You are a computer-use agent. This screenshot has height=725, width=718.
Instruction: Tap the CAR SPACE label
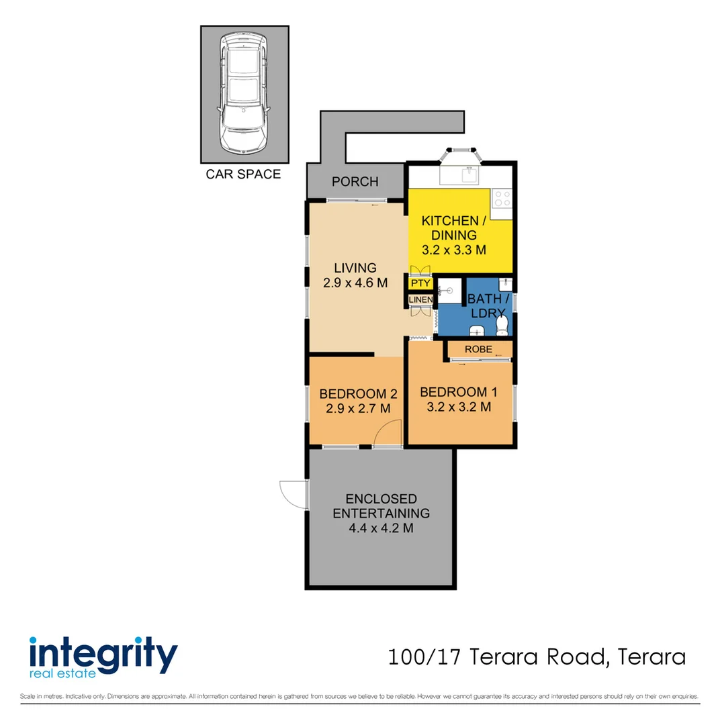[243, 175]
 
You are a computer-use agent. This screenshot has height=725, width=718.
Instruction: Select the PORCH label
[355, 181]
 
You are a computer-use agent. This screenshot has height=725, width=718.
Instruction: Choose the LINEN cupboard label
[420, 299]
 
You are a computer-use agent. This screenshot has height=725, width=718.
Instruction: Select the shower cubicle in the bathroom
[447, 291]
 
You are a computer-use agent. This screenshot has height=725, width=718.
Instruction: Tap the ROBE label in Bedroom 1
[478, 349]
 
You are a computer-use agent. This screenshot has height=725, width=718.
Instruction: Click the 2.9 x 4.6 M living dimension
[354, 283]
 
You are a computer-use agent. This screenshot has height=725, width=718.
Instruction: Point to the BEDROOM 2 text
[353, 394]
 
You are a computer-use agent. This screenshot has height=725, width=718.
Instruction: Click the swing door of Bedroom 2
[388, 433]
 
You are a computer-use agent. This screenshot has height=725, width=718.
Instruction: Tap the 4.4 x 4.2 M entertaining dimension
[380, 528]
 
